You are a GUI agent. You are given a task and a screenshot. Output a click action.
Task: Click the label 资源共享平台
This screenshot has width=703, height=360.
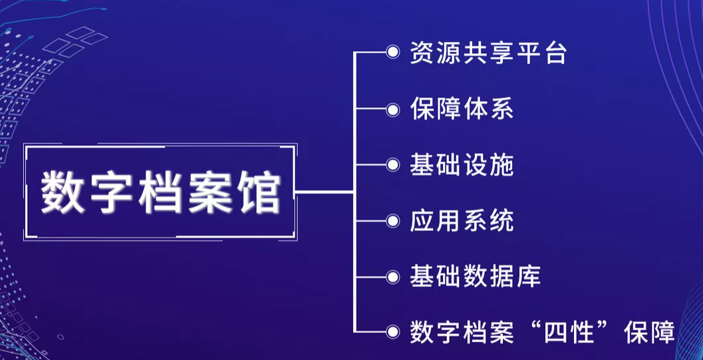pyautogui.click(x=488, y=53)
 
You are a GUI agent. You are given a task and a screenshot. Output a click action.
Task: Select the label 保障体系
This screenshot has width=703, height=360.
pyautogui.click(x=462, y=109)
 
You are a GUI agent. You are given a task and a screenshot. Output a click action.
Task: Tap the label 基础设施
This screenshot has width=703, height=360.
pyautogui.click(x=462, y=166)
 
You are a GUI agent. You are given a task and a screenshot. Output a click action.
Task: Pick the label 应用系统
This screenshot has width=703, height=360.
pyautogui.click(x=462, y=222)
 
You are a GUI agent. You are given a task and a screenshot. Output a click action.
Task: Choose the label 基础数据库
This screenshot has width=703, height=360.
pyautogui.click(x=476, y=277)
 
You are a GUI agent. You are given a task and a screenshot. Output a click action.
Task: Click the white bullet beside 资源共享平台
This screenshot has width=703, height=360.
pyautogui.click(x=393, y=53)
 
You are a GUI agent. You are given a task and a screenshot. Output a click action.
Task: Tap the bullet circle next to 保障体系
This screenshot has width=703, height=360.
pyautogui.click(x=393, y=108)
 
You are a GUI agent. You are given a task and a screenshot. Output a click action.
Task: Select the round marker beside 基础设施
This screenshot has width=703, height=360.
pyautogui.click(x=393, y=164)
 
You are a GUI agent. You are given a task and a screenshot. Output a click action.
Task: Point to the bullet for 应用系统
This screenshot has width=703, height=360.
pyautogui.click(x=393, y=220)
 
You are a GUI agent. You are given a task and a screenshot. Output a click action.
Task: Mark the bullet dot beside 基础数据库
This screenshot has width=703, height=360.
pyautogui.click(x=393, y=277)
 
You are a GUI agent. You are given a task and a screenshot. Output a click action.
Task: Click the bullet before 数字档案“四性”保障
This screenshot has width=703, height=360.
pyautogui.click(x=393, y=332)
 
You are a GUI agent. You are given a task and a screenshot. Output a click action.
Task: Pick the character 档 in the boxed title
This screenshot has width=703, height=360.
pyautogui.click(x=160, y=192)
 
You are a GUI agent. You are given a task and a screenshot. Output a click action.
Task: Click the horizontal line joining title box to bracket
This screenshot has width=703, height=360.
pyautogui.click(x=325, y=192)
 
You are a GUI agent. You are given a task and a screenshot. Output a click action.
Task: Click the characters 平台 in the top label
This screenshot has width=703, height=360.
pyautogui.click(x=541, y=53)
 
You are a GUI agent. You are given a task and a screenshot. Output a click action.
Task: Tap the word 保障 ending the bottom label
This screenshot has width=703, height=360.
pyautogui.click(x=649, y=333)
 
